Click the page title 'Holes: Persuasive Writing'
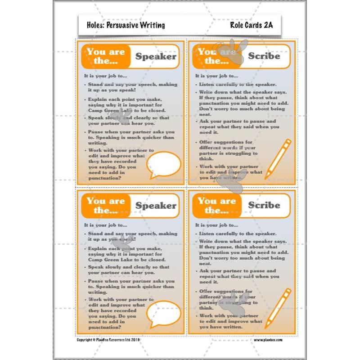click(122, 25)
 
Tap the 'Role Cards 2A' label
click(252, 25)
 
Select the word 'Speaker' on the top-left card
click(156, 57)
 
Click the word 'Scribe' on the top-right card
click(264, 56)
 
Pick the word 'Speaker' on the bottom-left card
click(156, 206)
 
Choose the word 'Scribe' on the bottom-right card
click(264, 205)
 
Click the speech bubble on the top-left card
click(164, 164)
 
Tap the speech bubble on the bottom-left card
click(164, 312)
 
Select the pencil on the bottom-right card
click(278, 308)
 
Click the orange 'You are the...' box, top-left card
click(106, 57)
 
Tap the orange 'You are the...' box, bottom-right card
click(217, 206)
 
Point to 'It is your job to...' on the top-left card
click(105, 75)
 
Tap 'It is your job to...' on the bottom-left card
click(105, 225)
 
